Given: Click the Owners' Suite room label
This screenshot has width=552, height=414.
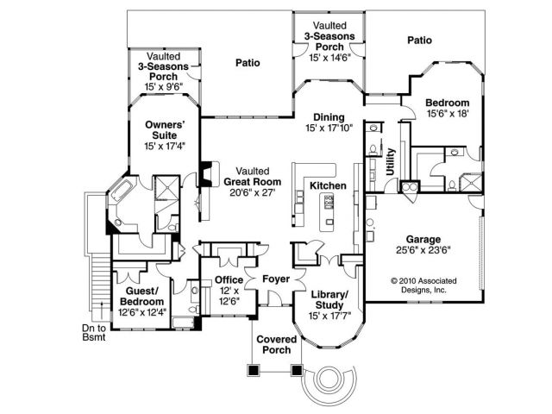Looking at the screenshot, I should [161, 129].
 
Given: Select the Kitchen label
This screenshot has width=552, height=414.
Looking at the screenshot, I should [328, 186].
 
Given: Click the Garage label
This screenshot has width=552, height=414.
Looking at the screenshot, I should [423, 239].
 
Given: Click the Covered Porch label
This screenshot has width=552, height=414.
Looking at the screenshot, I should [277, 344].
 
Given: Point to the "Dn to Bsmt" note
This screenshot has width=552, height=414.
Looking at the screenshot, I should [94, 334].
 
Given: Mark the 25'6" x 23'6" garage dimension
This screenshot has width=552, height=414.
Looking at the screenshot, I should [423, 250].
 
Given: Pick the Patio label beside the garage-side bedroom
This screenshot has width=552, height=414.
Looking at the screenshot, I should [419, 40].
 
